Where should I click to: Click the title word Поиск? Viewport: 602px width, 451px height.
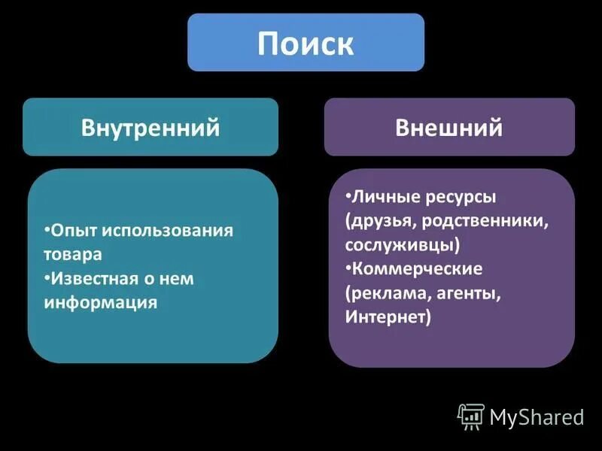coord(306,44)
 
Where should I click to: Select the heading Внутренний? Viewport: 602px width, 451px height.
coord(150,128)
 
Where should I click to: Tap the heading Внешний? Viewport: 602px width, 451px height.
coord(449,128)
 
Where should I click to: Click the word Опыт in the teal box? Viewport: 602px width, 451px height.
coord(73,230)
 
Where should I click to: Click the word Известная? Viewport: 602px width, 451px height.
coord(93,278)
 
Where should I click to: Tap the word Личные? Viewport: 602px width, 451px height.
coord(380,197)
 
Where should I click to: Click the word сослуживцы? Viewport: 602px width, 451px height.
coord(403,245)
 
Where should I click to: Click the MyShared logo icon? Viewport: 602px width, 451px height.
coord(470,416)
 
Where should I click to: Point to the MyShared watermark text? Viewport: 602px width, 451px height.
coord(537,416)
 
